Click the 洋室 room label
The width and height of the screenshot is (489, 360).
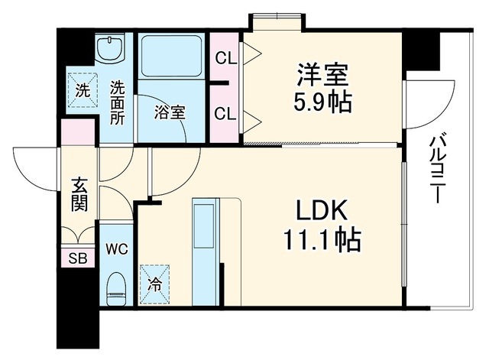pyautogui.click(x=322, y=75)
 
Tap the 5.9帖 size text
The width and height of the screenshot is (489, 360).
pyautogui.click(x=322, y=102)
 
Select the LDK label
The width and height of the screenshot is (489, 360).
pyautogui.click(x=321, y=210)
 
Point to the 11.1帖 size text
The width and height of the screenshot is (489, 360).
pyautogui.click(x=322, y=240)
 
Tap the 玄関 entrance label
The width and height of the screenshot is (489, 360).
pyautogui.click(x=79, y=195)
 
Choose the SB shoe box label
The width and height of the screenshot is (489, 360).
pyautogui.click(x=78, y=258)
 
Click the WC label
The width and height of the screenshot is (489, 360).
pyautogui.click(x=117, y=248)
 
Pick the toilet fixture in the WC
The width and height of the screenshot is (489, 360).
pyautogui.click(x=116, y=289)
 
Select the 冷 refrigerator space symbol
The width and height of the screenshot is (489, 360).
pyautogui.click(x=154, y=284)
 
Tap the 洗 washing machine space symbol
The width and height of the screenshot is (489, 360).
pyautogui.click(x=83, y=90)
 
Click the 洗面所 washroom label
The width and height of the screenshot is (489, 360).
pyautogui.click(x=117, y=102)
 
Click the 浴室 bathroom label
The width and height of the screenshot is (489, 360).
pyautogui.click(x=170, y=112)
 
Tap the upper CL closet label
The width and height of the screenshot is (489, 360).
pyautogui.click(x=226, y=58)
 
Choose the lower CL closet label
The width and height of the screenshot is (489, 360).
pyautogui.click(x=225, y=114)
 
